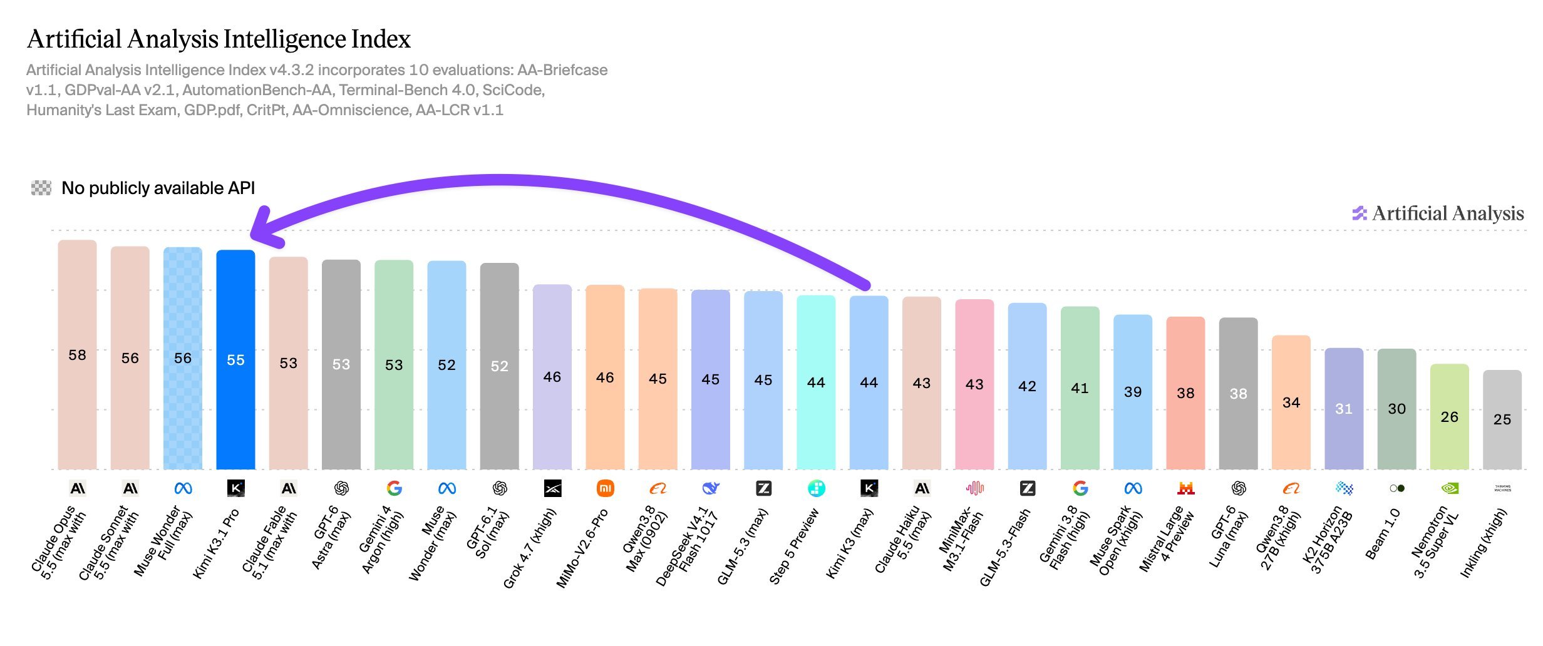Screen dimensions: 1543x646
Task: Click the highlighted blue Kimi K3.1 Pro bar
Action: (x=235, y=359)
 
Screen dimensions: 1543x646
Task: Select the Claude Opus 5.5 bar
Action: (x=77, y=354)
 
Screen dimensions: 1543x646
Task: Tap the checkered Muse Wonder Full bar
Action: (x=183, y=358)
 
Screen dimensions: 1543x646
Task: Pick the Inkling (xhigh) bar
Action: (x=1502, y=419)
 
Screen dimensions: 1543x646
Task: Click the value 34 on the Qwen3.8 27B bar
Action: (x=1291, y=402)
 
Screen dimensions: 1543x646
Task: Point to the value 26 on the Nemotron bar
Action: (x=1450, y=417)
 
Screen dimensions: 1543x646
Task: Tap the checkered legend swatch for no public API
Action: (x=41, y=188)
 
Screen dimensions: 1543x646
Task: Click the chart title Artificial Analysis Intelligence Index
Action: (x=219, y=39)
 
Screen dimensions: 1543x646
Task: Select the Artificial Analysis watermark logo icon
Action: (x=1360, y=213)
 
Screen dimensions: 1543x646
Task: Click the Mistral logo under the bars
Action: (x=1186, y=488)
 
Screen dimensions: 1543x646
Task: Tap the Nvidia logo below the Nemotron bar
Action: (x=1450, y=488)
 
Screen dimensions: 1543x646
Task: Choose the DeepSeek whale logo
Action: (x=711, y=488)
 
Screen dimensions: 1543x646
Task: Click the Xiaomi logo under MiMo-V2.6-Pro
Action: (x=605, y=488)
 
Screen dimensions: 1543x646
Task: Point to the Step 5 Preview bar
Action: (x=816, y=382)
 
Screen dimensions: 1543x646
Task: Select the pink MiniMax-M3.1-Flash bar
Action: (x=974, y=384)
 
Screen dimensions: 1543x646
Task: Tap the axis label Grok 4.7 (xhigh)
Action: (x=530, y=548)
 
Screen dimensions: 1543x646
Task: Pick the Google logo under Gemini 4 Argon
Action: (x=394, y=488)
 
